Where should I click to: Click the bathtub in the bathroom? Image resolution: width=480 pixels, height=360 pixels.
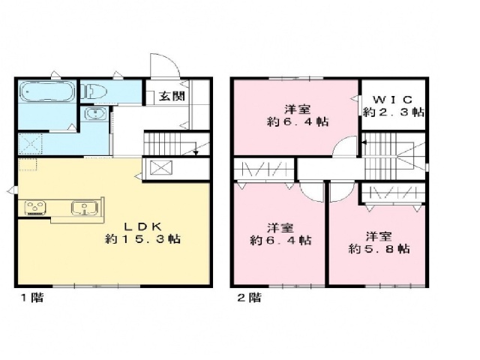[x=46, y=94]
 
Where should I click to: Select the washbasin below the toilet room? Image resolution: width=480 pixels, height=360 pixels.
[x=93, y=115]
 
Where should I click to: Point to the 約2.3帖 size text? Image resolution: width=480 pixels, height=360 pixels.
[x=394, y=112]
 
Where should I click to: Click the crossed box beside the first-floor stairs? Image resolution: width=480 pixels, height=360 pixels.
[x=161, y=168]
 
